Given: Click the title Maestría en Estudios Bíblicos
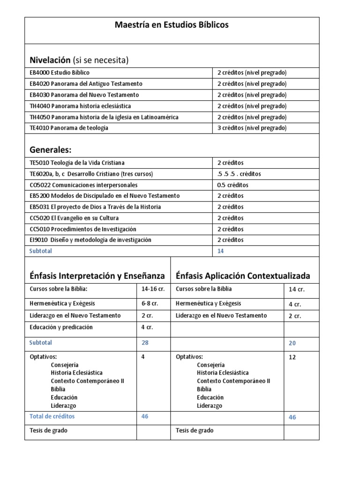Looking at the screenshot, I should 172,25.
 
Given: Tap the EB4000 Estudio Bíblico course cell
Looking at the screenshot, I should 60,73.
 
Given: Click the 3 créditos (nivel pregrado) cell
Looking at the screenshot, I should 252,128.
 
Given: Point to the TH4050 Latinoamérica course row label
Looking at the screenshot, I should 104,117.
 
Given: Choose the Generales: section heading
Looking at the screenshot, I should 50,150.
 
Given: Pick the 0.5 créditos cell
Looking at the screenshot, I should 232,185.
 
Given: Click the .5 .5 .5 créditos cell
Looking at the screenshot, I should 239,173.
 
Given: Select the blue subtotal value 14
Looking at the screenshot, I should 221,251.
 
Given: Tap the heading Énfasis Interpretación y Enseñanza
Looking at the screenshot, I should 97,276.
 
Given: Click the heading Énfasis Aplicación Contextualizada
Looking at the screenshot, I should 243,276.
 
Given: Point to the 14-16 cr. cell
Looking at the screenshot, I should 153,289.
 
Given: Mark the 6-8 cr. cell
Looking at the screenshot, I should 150,303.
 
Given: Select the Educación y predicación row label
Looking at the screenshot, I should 61,327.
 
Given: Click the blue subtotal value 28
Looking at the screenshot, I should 145,343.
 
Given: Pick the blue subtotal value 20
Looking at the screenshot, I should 292,343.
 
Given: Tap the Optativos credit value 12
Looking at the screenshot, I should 292,357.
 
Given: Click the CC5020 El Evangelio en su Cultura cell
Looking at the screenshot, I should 74,218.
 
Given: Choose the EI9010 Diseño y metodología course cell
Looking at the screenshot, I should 90,240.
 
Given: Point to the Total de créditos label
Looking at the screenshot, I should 52,416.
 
